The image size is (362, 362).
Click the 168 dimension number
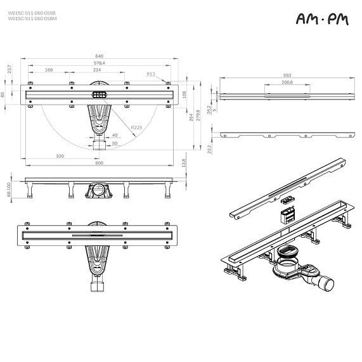[x=49, y=70]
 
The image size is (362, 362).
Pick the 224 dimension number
[x=96, y=70]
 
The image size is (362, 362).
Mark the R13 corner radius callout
[x=150, y=74]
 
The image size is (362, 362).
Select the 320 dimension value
[x=60, y=155]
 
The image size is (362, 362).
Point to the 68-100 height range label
[x=8, y=190]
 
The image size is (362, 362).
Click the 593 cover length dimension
[x=287, y=75]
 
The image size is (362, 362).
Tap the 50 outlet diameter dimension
[x=115, y=143]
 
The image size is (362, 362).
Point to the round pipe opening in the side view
[x=98, y=189]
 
